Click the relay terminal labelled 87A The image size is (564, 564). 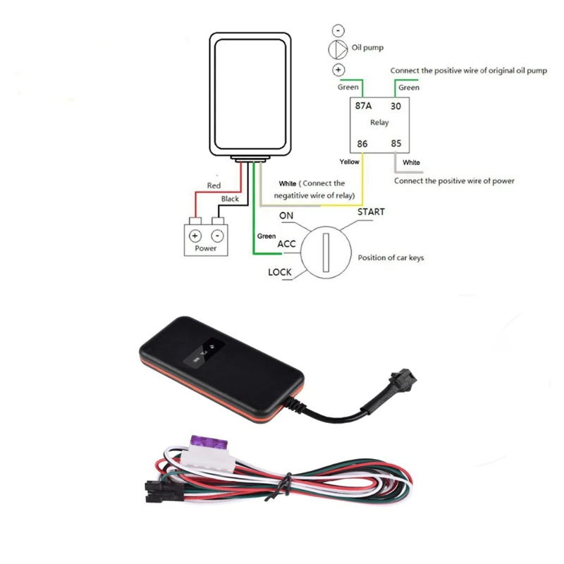pos(364,106)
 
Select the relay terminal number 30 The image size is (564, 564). pos(396,106)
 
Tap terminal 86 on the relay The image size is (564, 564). pos(362,143)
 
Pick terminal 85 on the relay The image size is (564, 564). pos(396,143)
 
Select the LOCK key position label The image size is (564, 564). pos(280,271)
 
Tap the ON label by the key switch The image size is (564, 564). pos(286,215)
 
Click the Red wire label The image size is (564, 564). pos(214,185)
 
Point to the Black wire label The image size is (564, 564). pos(230,199)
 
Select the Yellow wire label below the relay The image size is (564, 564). pos(349,162)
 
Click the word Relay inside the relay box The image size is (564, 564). pos(379,123)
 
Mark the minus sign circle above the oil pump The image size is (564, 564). pos(338,30)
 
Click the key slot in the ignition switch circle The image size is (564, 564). pos(326,252)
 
